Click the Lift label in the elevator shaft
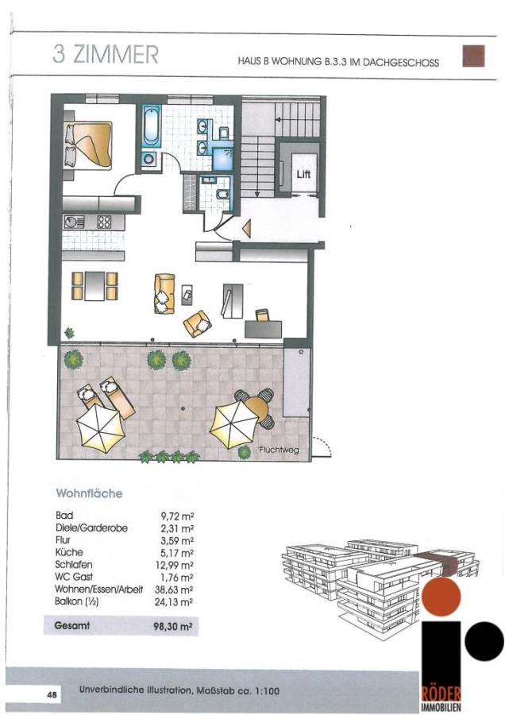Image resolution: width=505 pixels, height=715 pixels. (303, 174)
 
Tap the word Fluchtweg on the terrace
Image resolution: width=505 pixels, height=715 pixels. (279, 450)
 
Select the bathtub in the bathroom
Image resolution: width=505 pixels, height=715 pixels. (150, 126)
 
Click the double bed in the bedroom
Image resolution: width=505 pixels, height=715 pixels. (88, 144)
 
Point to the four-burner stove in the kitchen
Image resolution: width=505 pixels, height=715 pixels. (104, 222)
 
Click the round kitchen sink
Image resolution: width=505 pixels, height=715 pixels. (71, 222)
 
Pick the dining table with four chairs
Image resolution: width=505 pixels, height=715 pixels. (94, 286)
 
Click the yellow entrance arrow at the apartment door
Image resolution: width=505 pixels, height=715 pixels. (247, 229)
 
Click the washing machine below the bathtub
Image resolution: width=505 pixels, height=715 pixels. (149, 159)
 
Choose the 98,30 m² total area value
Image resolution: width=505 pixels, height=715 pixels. (173, 627)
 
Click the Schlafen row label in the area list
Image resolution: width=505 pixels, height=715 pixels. (73, 565)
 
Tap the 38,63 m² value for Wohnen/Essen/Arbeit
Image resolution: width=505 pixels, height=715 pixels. (174, 589)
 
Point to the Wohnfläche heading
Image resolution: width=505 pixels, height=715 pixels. (89, 493)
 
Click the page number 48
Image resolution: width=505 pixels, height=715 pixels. (52, 695)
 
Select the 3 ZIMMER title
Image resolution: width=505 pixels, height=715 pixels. (106, 54)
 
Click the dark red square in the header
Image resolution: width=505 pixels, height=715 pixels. (473, 56)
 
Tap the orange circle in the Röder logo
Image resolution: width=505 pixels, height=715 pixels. (441, 597)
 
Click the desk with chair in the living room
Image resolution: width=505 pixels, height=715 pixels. (264, 325)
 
